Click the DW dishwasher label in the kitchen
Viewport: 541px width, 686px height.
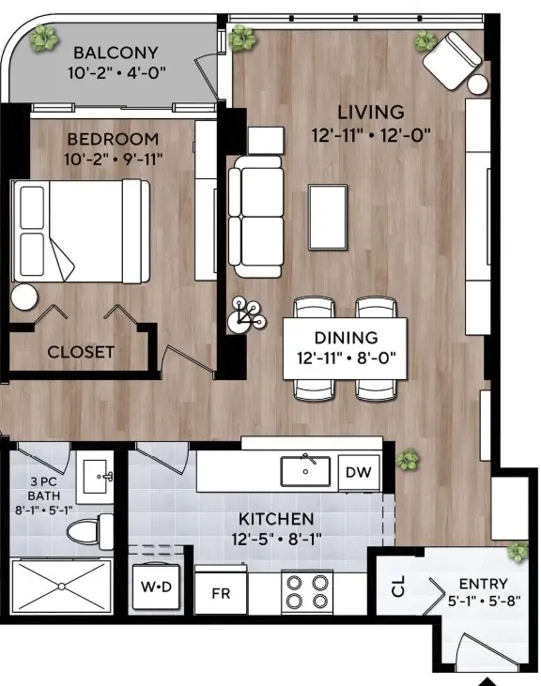(357, 472)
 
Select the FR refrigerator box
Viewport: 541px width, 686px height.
(221, 592)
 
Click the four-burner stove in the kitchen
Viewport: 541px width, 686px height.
(308, 590)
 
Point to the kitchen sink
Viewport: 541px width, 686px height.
(304, 469)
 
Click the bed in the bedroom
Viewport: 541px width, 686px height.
(80, 230)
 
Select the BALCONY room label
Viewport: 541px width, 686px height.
(116, 53)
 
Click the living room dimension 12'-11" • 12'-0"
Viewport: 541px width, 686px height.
(371, 134)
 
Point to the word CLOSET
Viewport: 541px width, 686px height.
(81, 353)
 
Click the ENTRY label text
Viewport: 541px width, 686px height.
(483, 584)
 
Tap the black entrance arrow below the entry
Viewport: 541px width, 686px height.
(487, 679)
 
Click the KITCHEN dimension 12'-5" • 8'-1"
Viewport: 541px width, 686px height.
(275, 539)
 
